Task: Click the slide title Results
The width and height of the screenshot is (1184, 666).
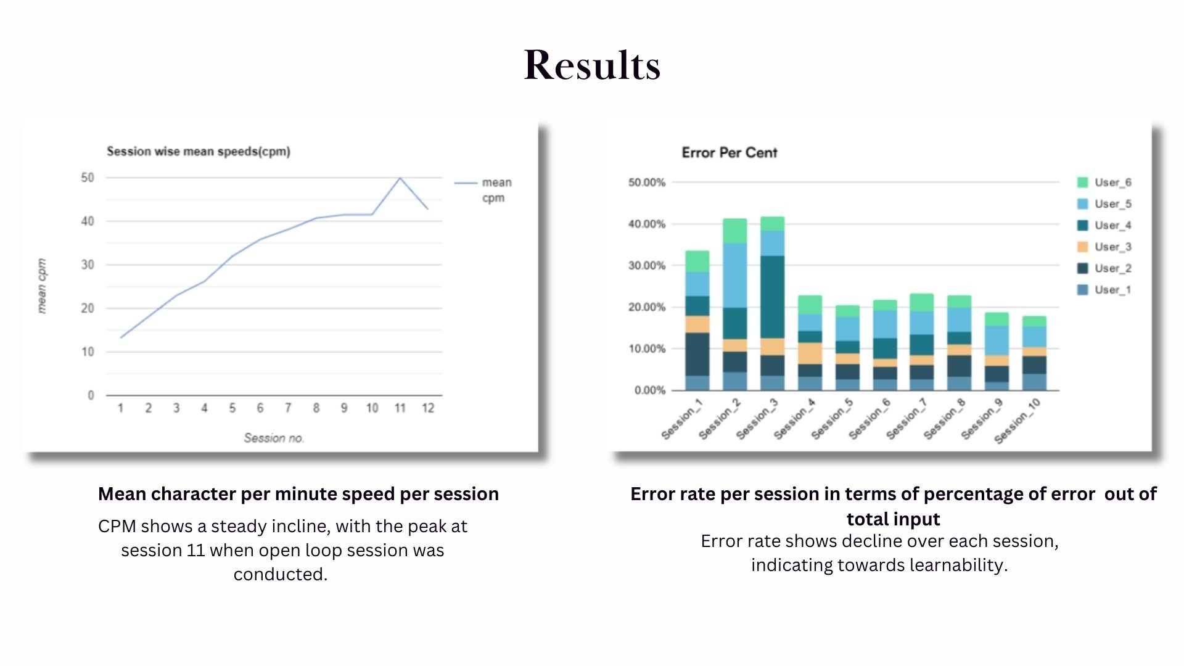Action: pyautogui.click(x=592, y=65)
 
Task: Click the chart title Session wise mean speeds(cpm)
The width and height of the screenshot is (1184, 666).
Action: pyautogui.click(x=199, y=152)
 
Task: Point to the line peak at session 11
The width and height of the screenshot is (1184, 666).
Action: pyautogui.click(x=400, y=178)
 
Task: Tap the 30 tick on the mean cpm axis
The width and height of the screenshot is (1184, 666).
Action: pyautogui.click(x=88, y=265)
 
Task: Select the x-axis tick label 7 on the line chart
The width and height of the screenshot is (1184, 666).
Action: pyautogui.click(x=288, y=408)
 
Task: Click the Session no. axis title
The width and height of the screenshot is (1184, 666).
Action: pyautogui.click(x=274, y=438)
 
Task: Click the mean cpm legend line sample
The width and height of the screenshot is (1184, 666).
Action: pyautogui.click(x=466, y=183)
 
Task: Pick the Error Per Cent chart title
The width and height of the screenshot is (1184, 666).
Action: pyautogui.click(x=730, y=153)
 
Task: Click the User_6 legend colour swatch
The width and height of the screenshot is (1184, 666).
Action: pyautogui.click(x=1082, y=183)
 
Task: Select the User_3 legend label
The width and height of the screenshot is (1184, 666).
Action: pyautogui.click(x=1113, y=247)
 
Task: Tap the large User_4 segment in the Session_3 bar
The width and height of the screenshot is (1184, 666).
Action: pyautogui.click(x=772, y=297)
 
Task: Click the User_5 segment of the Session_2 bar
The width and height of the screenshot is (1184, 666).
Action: pyautogui.click(x=734, y=275)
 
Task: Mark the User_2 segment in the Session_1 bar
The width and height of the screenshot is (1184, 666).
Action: pyautogui.click(x=697, y=354)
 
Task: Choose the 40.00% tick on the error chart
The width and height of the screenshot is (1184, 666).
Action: pyautogui.click(x=647, y=224)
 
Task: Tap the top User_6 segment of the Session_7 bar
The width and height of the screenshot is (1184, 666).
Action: pyautogui.click(x=922, y=302)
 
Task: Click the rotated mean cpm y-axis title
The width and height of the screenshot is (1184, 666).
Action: pyautogui.click(x=42, y=286)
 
